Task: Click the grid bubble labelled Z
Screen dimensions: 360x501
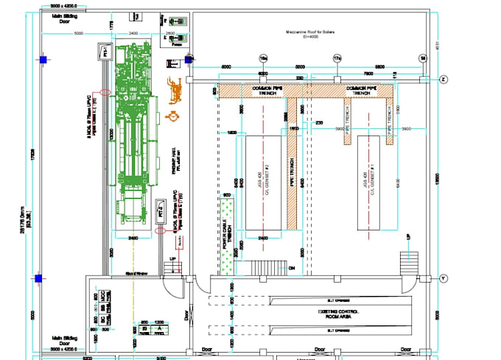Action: [444, 79]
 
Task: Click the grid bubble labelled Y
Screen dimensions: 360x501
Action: [444, 278]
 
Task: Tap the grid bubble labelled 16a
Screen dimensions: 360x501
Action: [262, 57]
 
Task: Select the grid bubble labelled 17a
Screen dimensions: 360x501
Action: [337, 57]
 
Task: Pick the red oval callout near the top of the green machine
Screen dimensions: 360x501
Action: [105, 92]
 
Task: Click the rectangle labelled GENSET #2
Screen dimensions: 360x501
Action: [262, 182]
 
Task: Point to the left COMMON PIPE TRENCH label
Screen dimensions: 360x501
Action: [263, 90]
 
